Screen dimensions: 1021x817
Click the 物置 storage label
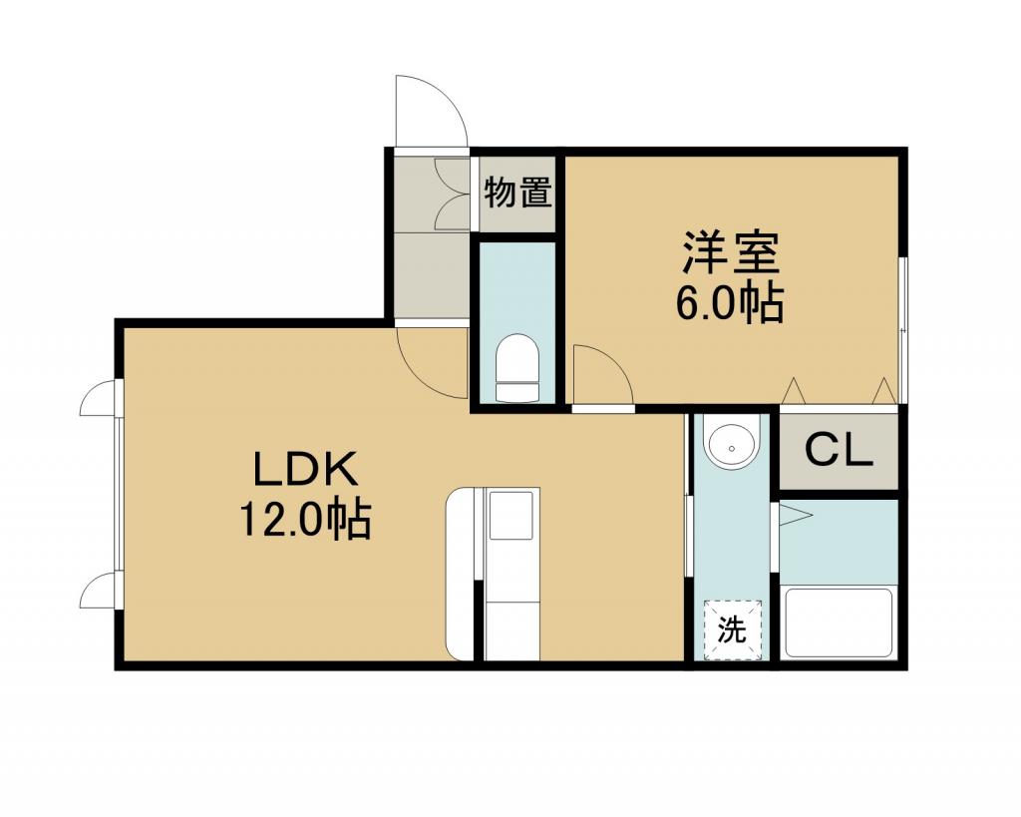518,193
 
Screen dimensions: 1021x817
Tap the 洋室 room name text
731,252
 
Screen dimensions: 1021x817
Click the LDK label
306,469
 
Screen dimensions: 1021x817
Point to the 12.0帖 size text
306,519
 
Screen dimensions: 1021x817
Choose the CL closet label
839,450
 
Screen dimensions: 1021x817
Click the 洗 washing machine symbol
732,630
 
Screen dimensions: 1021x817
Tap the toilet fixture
517,368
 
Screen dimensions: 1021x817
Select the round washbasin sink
733,444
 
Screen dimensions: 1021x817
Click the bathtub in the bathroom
839,622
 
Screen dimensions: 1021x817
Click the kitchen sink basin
511,516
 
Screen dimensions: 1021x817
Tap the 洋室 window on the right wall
902,330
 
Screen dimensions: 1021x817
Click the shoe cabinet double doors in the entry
449,194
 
